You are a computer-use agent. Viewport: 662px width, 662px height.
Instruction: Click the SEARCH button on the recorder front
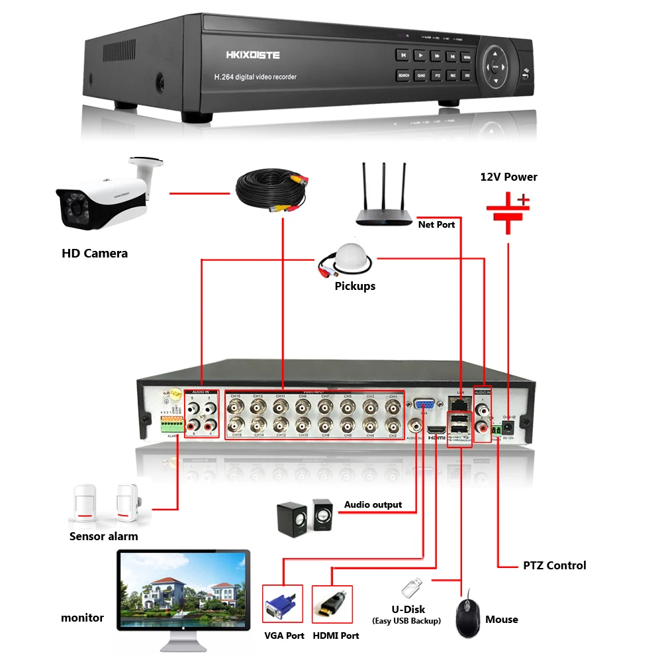point(403,75)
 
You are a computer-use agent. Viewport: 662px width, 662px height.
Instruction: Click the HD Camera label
point(95,254)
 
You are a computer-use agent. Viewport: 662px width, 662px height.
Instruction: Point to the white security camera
point(106,199)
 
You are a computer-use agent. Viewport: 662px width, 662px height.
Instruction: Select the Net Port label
point(436,224)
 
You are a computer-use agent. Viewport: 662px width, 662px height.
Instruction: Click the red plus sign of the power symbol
point(524,199)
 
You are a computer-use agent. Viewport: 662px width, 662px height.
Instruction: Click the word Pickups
point(355,286)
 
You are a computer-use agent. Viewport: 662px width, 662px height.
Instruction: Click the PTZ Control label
point(554,565)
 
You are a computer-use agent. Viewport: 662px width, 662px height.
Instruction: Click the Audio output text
point(373,504)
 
